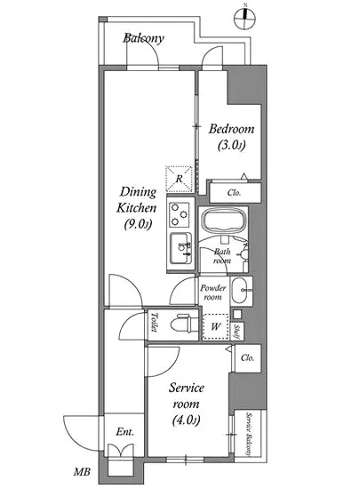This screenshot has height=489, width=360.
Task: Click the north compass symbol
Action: pos(245,19)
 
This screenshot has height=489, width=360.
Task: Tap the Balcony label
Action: pos(143,38)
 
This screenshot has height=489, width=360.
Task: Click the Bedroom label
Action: pos(231,129)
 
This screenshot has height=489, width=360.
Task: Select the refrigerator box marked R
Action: pos(180,179)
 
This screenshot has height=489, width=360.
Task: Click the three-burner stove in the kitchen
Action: pos(180,214)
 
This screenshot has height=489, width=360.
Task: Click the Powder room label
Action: pos(213,293)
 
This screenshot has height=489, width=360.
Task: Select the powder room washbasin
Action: pos(240,290)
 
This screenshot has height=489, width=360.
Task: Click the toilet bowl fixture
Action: pos(184,324)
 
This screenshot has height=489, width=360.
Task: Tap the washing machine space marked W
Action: pos(216,326)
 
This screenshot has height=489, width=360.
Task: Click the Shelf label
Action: pos(236,332)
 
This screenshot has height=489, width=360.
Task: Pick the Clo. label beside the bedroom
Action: pos(234,193)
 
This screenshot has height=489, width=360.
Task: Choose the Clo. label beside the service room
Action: pos(247,357)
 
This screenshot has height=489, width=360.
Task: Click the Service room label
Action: pos(187,396)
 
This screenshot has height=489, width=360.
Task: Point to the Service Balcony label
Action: pos(249,435)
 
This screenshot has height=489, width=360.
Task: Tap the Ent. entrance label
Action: pos(125,432)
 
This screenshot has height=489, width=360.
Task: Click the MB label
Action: pos(82,472)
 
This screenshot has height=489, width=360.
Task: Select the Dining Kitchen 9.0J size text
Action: pos(138,224)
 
